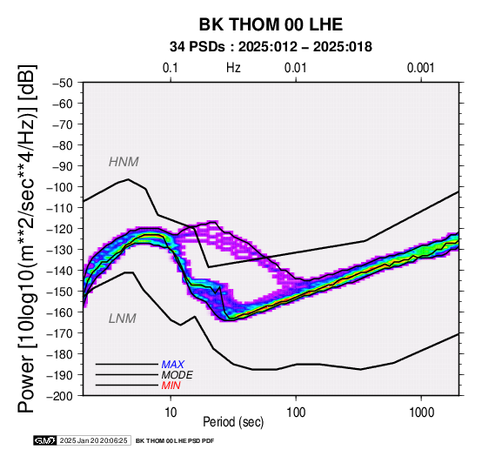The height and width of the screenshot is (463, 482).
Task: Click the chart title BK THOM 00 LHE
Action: point(271,24)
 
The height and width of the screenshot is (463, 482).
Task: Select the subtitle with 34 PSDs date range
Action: point(271,47)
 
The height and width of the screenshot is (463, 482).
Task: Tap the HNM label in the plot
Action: point(124,162)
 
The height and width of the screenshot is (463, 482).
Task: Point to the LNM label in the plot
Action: point(123,319)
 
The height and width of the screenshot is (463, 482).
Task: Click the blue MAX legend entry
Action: point(173,365)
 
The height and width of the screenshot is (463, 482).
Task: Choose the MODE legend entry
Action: point(177,375)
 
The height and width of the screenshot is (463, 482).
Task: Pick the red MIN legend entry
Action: point(171,386)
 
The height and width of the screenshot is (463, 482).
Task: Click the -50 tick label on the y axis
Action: point(63,83)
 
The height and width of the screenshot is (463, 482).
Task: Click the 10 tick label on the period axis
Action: point(171,413)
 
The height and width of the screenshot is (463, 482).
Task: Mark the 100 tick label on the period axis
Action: point(296,413)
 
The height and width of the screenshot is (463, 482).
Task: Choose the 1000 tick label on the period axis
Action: point(421,413)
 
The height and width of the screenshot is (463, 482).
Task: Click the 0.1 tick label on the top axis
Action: point(171,68)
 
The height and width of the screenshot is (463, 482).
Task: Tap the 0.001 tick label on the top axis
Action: point(420,68)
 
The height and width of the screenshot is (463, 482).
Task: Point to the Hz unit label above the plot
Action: point(233,68)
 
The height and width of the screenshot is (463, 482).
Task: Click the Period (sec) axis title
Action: point(233,422)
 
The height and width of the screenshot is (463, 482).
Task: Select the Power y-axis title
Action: point(27,238)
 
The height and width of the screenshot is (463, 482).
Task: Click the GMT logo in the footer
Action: point(45,440)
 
